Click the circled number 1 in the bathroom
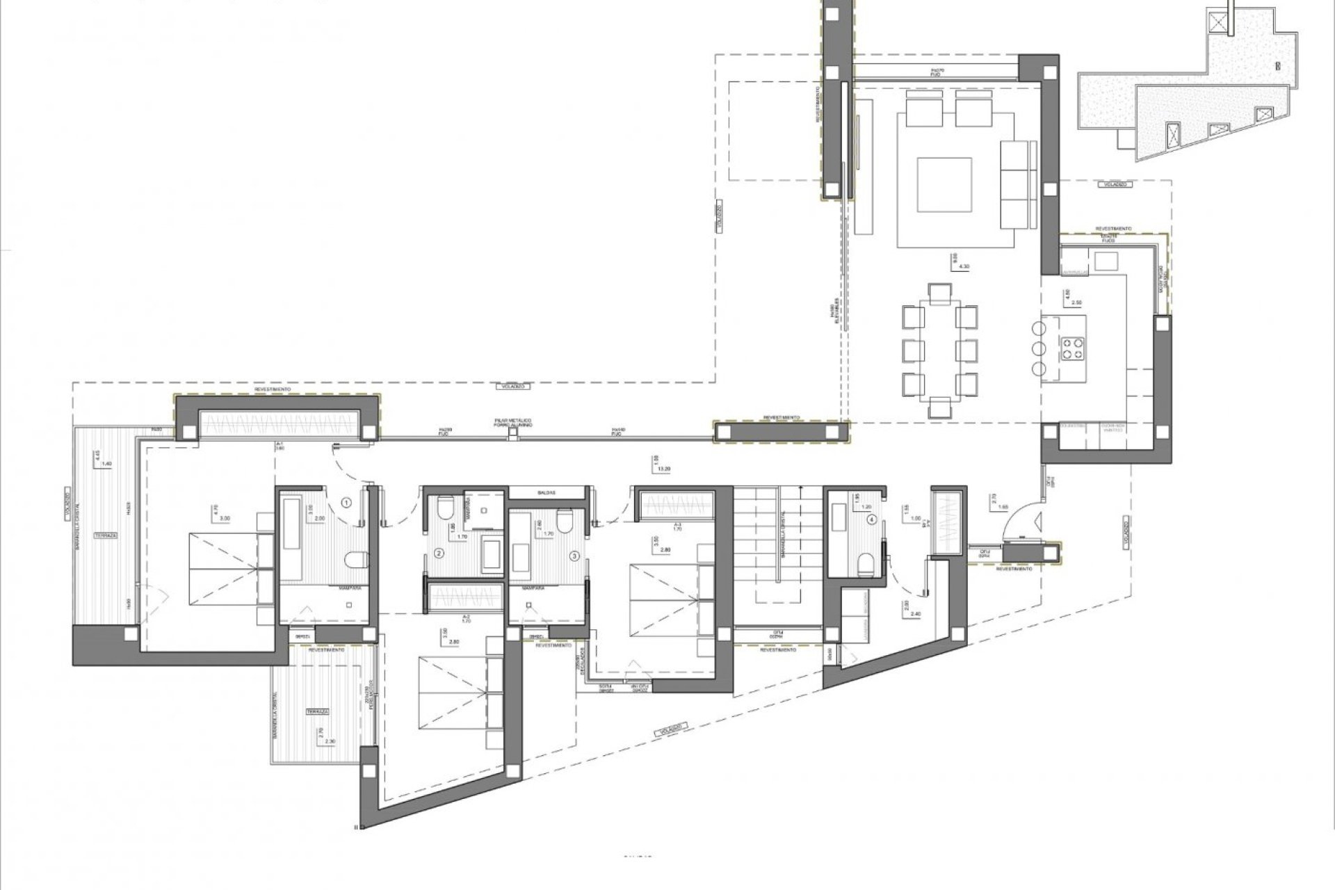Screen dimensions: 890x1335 tap(347, 501)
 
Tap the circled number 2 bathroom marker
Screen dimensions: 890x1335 tap(439, 554)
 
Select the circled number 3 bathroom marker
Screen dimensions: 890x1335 tap(574, 556)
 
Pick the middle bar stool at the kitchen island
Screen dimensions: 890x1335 tap(1039, 348)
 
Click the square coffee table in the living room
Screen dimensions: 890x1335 tap(944, 186)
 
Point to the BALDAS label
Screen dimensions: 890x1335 tap(546, 492)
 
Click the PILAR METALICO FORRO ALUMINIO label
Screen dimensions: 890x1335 tap(513, 423)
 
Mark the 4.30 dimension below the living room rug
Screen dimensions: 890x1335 tap(963, 266)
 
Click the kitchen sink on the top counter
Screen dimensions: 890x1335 tap(1106, 261)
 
